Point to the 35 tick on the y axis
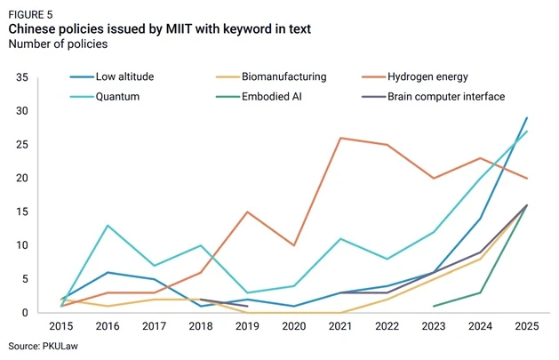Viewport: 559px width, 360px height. pyautogui.click(x=22, y=77)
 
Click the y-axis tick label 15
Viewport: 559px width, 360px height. pyautogui.click(x=22, y=212)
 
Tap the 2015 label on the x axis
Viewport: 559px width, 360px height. pyautogui.click(x=61, y=326)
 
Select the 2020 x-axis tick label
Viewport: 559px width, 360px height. pyautogui.click(x=294, y=326)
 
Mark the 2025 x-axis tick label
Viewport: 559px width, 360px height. pyautogui.click(x=527, y=326)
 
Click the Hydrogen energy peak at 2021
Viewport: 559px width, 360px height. pyautogui.click(x=340, y=138)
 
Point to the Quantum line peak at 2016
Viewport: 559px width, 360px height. pyautogui.click(x=108, y=225)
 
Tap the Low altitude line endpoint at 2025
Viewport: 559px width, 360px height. pyautogui.click(x=527, y=117)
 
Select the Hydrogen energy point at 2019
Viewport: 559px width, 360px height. pyautogui.click(x=247, y=212)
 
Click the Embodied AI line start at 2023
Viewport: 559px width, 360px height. pyautogui.click(x=434, y=306)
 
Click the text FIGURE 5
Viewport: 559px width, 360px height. pyautogui.click(x=30, y=14)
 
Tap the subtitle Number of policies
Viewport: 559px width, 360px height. pyautogui.click(x=58, y=44)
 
